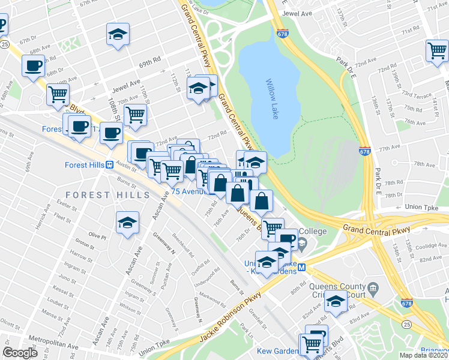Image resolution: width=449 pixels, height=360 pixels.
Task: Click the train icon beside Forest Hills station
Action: click(x=110, y=164)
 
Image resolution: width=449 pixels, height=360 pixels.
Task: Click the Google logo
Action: click(x=20, y=353)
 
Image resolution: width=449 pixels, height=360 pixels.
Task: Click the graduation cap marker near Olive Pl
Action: click(x=128, y=223)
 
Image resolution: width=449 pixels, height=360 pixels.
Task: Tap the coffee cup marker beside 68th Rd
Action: click(x=34, y=65)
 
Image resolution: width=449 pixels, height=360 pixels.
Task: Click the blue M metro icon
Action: click(x=303, y=268)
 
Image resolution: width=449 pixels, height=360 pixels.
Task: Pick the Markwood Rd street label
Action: click(x=212, y=296)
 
